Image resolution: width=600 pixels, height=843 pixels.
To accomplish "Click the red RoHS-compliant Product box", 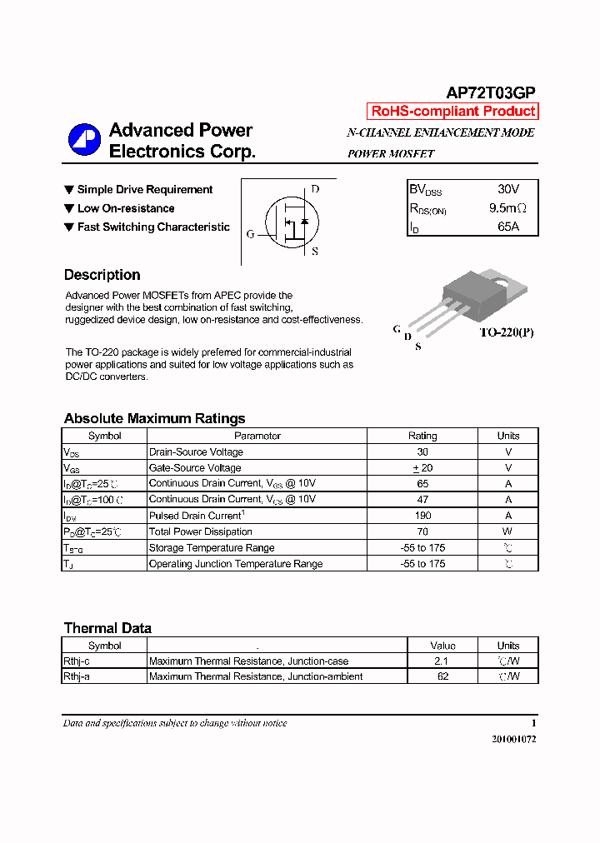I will click(x=452, y=112).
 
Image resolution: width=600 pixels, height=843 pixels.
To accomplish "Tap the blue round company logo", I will click(x=84, y=140).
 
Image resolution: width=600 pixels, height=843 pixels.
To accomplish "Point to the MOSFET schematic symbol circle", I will click(x=292, y=221).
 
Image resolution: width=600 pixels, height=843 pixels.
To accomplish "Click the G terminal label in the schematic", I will click(x=250, y=235).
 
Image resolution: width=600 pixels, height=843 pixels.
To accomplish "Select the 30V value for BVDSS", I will click(x=507, y=190).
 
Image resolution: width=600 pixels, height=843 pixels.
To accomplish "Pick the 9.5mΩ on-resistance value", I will click(x=507, y=208).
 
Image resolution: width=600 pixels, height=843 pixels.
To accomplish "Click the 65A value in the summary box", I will click(x=507, y=227).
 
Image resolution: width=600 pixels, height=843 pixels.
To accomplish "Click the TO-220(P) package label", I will click(x=506, y=332).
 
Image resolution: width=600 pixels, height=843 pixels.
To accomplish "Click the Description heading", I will click(x=102, y=275).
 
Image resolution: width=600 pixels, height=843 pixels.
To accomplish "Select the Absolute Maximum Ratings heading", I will click(x=154, y=418).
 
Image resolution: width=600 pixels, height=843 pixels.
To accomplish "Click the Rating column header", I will click(x=422, y=436).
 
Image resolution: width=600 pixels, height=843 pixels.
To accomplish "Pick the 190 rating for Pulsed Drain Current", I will click(x=422, y=516).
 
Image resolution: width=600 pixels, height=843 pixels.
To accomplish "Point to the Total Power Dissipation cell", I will click(x=201, y=531).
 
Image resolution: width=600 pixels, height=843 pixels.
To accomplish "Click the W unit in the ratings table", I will click(x=507, y=531).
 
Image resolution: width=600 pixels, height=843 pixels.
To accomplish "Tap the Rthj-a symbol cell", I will click(x=77, y=676).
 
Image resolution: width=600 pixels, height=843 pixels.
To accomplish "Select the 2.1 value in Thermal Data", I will click(x=442, y=661).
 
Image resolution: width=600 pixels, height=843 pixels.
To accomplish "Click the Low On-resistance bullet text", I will click(x=126, y=208).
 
